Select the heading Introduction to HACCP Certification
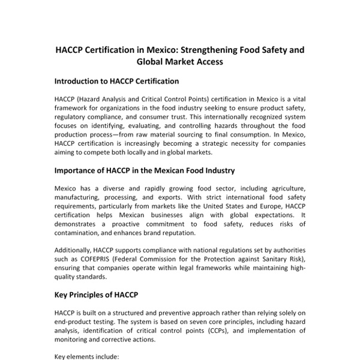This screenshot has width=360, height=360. pos(116,80)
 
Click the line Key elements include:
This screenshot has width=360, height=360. pos(87,356)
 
